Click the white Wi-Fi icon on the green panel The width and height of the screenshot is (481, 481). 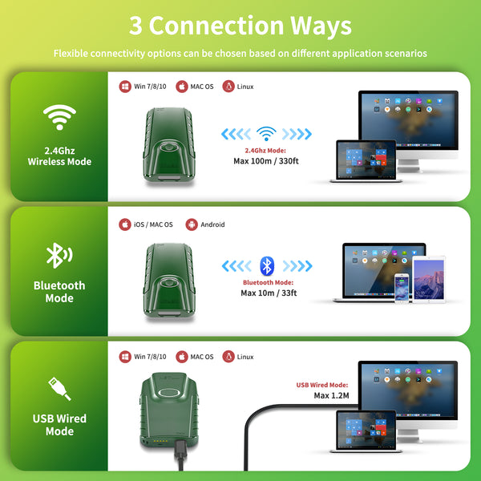click(59, 117)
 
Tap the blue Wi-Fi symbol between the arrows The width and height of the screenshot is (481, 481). click(266, 133)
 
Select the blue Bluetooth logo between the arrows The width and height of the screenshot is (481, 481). click(267, 265)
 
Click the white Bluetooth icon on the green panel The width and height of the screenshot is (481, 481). click(59, 255)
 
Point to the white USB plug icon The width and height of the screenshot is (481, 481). click(59, 389)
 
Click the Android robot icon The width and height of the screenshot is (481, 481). click(192, 224)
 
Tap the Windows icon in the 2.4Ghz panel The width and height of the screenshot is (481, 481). click(125, 87)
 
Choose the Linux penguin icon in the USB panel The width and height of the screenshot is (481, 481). click(228, 357)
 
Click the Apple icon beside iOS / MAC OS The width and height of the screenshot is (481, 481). click(125, 224)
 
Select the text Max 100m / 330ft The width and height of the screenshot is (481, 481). click(266, 161)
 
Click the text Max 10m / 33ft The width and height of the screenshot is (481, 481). click(269, 293)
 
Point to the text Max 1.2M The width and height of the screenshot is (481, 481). click(331, 395)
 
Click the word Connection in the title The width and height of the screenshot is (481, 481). click(216, 26)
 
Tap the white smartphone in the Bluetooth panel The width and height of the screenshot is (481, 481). click(402, 288)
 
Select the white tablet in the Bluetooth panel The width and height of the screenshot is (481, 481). click(429, 279)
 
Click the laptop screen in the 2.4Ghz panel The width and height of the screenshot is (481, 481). click(366, 160)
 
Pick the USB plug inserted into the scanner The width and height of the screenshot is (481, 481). click(180, 450)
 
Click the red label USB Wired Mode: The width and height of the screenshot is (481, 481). click(322, 385)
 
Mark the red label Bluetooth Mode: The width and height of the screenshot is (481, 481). click(268, 282)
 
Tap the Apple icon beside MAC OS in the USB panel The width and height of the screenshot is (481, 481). click(182, 357)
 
